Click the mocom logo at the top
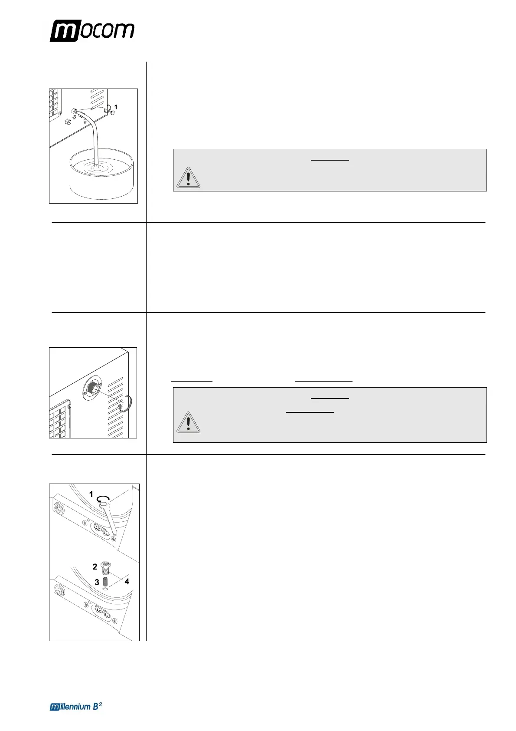tap(92, 31)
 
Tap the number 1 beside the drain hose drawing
tap(116, 107)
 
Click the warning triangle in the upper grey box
tap(188, 178)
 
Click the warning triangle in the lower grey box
tap(188, 422)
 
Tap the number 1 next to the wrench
tap(91, 494)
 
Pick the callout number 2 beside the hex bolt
tap(95, 566)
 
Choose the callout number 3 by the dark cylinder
tap(97, 582)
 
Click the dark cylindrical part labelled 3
tap(105, 581)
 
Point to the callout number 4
tap(127, 582)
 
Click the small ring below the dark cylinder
tap(105, 590)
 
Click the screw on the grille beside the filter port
tap(69, 406)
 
